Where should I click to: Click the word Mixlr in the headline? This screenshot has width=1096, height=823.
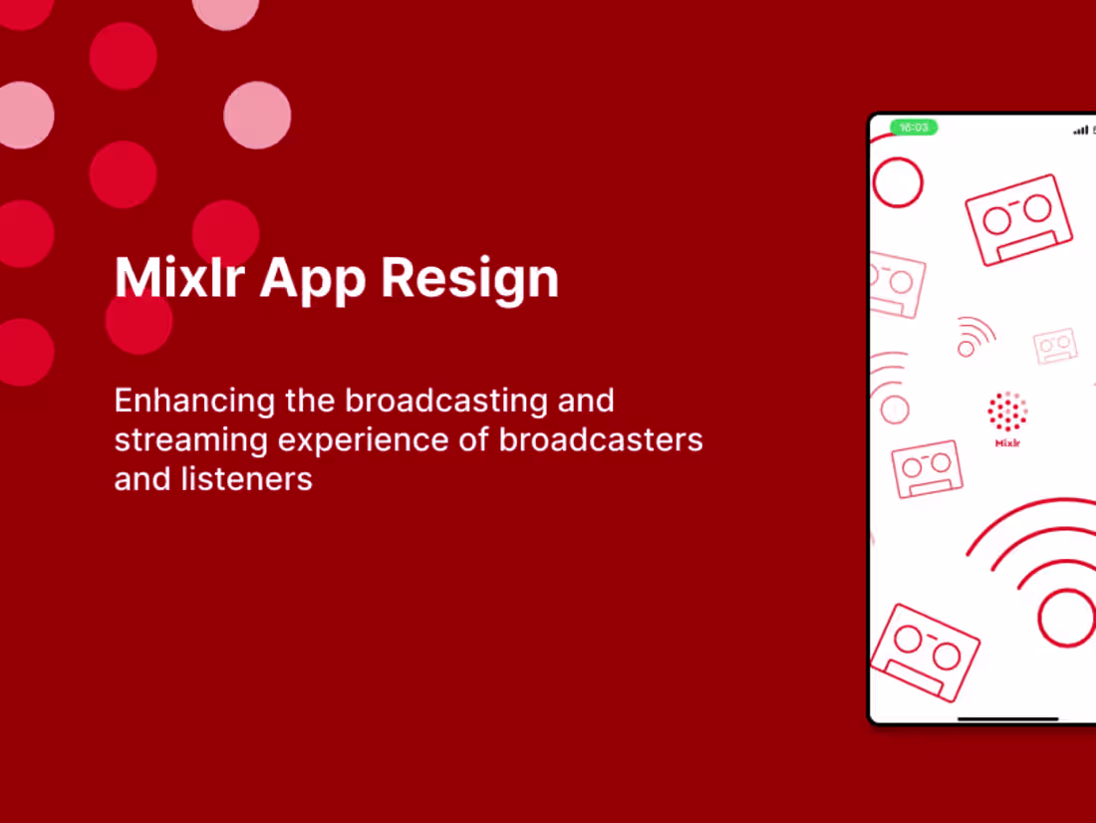[179, 278]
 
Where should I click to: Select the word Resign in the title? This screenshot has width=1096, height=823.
[469, 280]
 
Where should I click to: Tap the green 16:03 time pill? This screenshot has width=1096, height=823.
[914, 128]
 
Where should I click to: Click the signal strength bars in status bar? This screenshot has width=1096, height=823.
[1080, 131]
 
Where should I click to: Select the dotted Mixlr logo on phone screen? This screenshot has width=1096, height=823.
[1007, 411]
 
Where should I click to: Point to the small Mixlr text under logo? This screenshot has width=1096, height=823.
[1007, 443]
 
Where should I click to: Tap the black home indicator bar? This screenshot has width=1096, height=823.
[1007, 718]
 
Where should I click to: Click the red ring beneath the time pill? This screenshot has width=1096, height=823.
[898, 182]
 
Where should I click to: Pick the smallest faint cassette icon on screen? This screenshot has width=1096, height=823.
[1055, 346]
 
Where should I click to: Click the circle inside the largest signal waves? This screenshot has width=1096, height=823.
[1066, 617]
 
